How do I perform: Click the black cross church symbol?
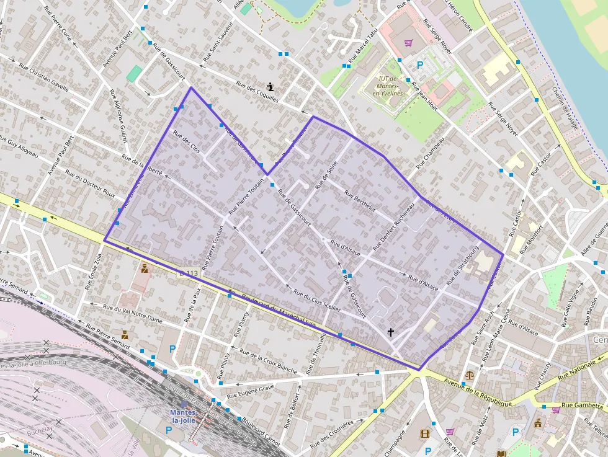391,332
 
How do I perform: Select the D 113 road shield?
188,273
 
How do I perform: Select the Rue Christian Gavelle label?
44,76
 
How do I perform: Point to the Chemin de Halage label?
565,107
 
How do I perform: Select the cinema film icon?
425,434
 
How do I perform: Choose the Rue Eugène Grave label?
250,392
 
